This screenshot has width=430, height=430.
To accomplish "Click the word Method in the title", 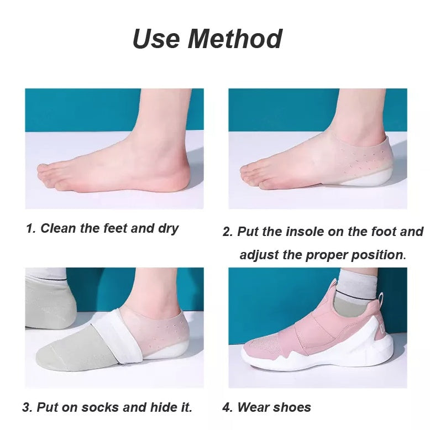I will pyautogui.click(x=235, y=39).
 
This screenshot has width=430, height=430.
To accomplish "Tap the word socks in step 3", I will pyautogui.click(x=101, y=408).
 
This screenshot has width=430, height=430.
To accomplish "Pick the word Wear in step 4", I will pyautogui.click(x=253, y=408).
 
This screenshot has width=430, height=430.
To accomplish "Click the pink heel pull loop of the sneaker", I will pyautogui.click(x=383, y=301).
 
